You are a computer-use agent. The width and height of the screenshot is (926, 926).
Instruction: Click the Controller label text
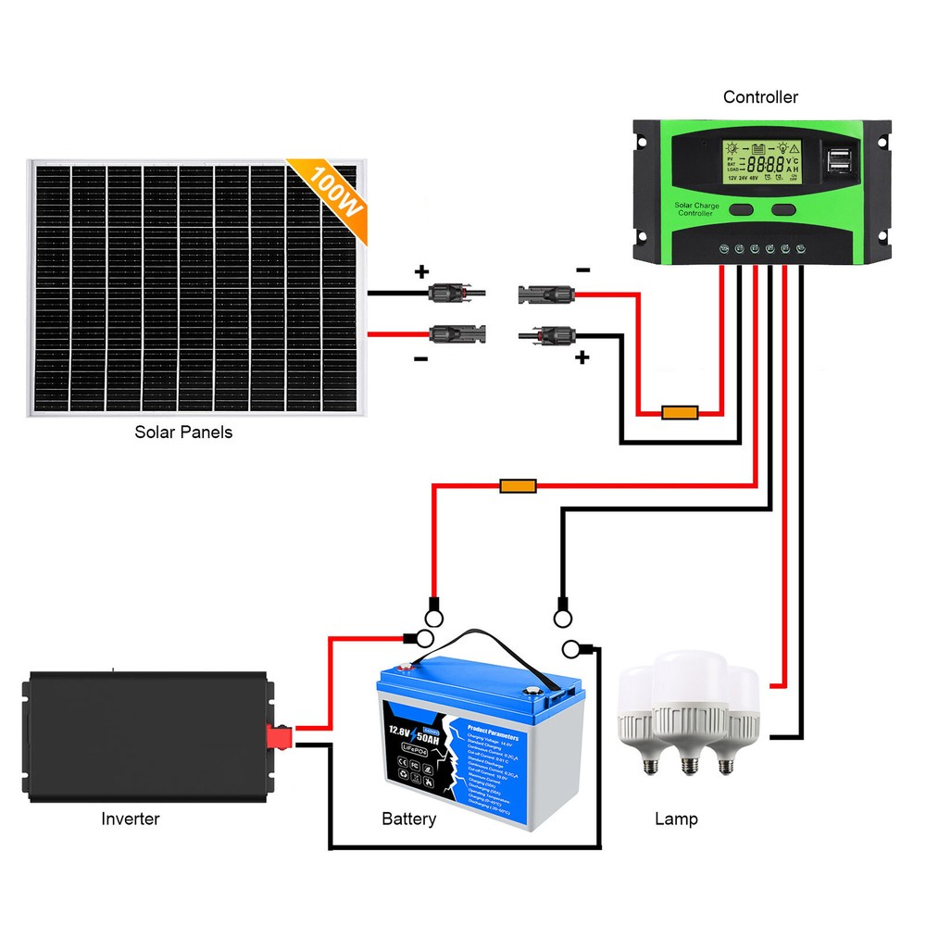[760, 97]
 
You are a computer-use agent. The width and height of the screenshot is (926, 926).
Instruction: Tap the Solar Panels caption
[183, 432]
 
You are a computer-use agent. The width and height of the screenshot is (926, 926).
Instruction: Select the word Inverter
[130, 819]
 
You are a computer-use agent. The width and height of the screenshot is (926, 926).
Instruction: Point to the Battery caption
[408, 819]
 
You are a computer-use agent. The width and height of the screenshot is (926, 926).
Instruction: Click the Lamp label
[676, 819]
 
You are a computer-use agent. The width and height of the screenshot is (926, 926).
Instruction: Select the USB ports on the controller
[845, 159]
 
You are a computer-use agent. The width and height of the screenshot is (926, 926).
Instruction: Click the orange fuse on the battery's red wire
[518, 485]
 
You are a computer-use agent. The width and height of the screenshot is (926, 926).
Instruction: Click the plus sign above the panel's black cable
[421, 272]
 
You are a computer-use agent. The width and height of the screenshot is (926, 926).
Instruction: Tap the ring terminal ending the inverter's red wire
[421, 638]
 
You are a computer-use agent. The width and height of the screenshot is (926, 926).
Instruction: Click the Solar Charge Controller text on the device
[694, 209]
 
